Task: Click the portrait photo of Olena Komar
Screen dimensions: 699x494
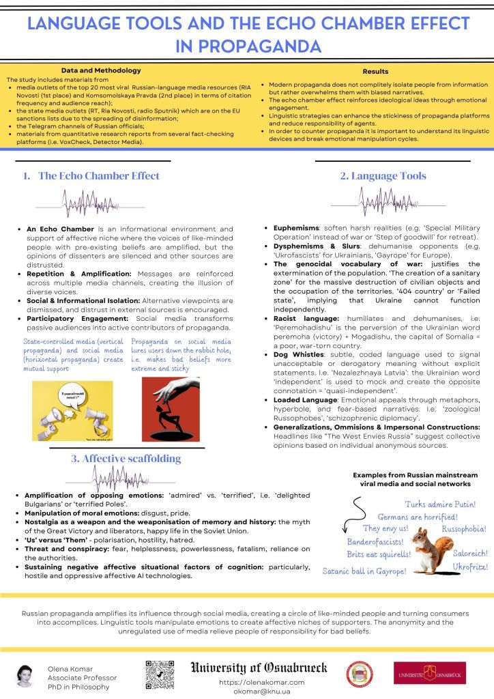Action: [25, 675]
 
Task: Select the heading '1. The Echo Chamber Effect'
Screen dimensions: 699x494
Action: [91, 175]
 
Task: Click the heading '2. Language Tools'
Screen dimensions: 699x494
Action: [383, 175]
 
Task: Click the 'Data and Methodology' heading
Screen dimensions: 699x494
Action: [101, 70]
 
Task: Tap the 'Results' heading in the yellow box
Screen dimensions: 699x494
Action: [375, 71]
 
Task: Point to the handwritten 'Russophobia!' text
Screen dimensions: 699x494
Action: [464, 528]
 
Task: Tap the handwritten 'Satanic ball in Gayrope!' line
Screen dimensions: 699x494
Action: [365, 570]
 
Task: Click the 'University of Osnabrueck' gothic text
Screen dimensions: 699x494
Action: [259, 667]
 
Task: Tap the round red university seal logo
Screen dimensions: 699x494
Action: [360, 674]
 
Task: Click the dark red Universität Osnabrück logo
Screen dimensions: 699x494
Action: [429, 673]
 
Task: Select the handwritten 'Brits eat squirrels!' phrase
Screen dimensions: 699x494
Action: [378, 554]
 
